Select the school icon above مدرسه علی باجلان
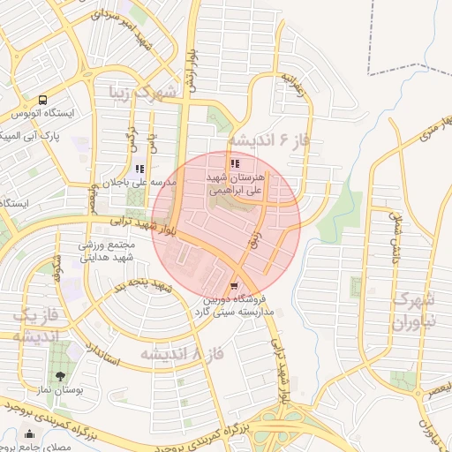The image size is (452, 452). pyautogui.click(x=139, y=169)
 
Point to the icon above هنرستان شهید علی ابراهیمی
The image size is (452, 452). pyautogui.click(x=234, y=163)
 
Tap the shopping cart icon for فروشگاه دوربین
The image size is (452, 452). pyautogui.click(x=233, y=286)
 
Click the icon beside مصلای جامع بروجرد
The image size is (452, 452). pyautogui.click(x=31, y=434)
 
